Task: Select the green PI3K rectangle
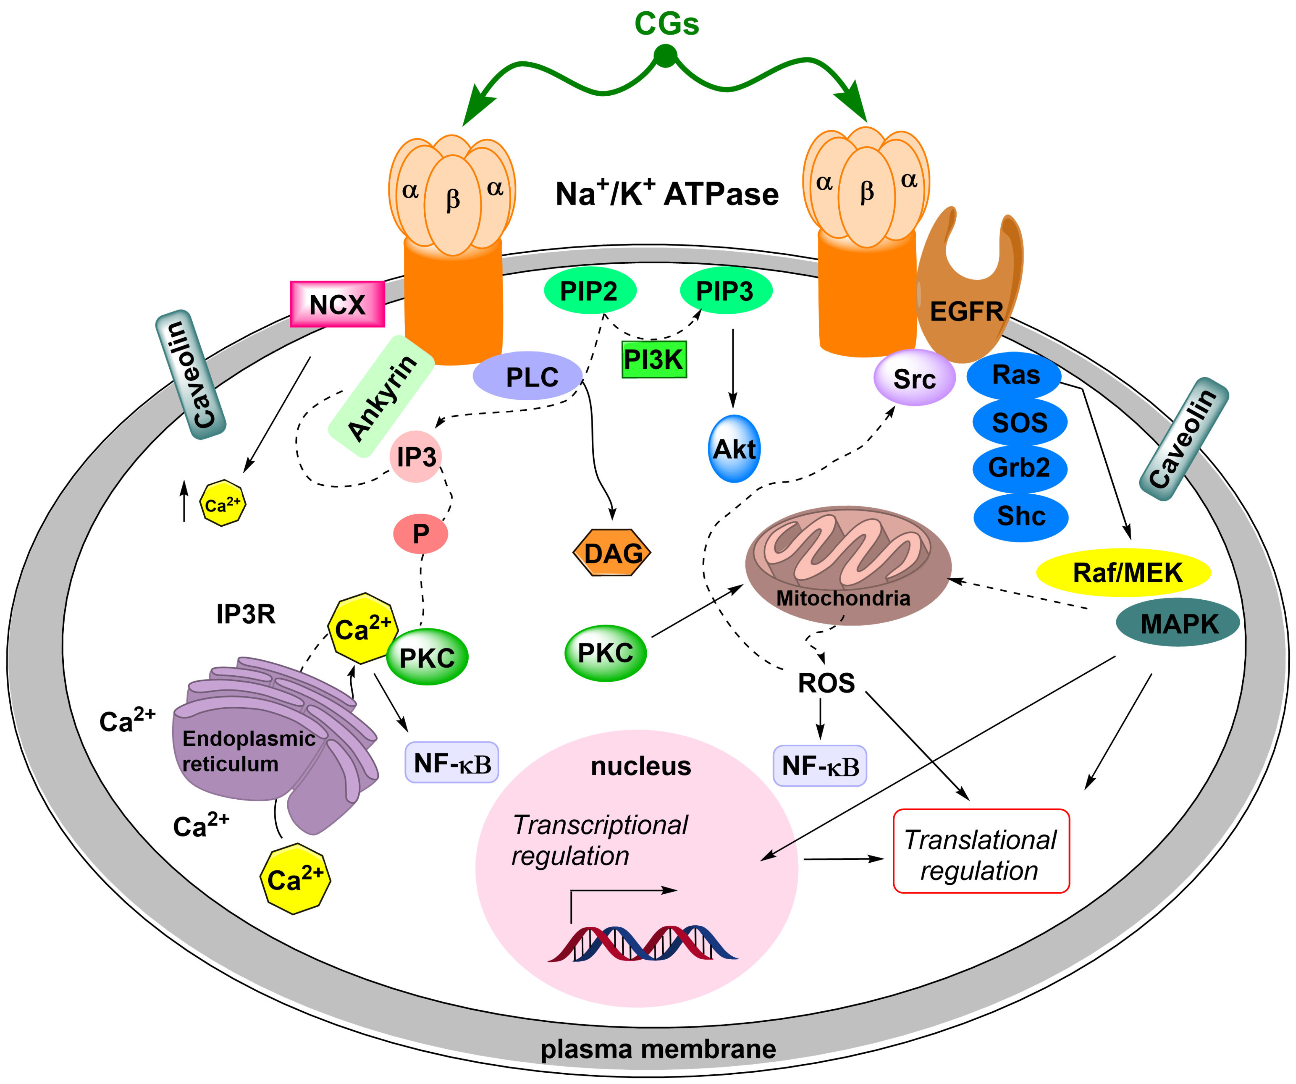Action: (x=653, y=359)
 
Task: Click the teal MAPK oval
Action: (x=1177, y=623)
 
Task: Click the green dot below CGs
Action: (x=665, y=56)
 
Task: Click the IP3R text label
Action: (x=246, y=614)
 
